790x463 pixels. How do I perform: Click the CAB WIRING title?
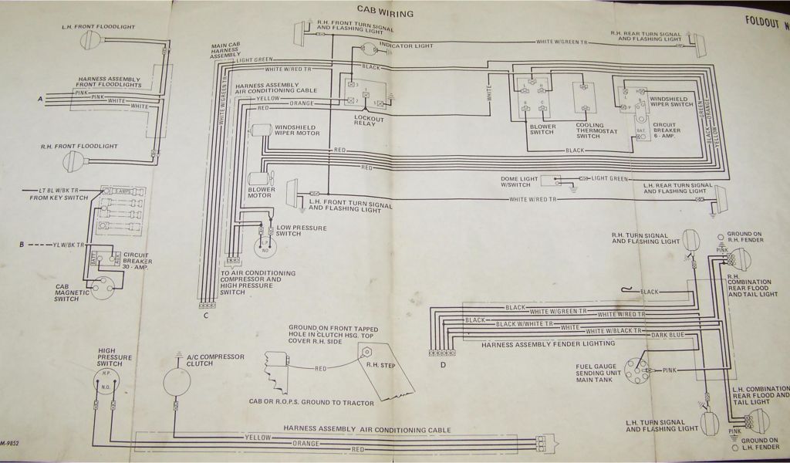click(385, 12)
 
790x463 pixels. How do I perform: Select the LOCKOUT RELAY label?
click(369, 121)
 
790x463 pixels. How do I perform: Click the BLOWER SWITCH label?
click(542, 129)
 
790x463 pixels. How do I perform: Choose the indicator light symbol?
click(369, 49)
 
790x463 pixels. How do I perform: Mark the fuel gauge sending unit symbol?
click(636, 371)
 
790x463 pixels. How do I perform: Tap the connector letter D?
click(443, 365)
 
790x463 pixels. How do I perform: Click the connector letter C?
click(206, 315)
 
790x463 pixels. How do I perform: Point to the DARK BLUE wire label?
click(666, 335)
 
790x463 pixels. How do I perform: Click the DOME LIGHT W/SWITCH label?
click(520, 181)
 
